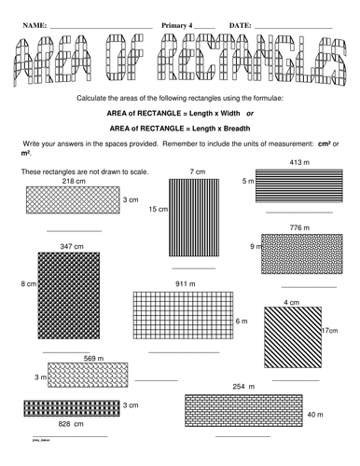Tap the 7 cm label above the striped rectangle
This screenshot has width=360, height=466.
coord(197,172)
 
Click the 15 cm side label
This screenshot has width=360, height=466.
coord(158,212)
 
